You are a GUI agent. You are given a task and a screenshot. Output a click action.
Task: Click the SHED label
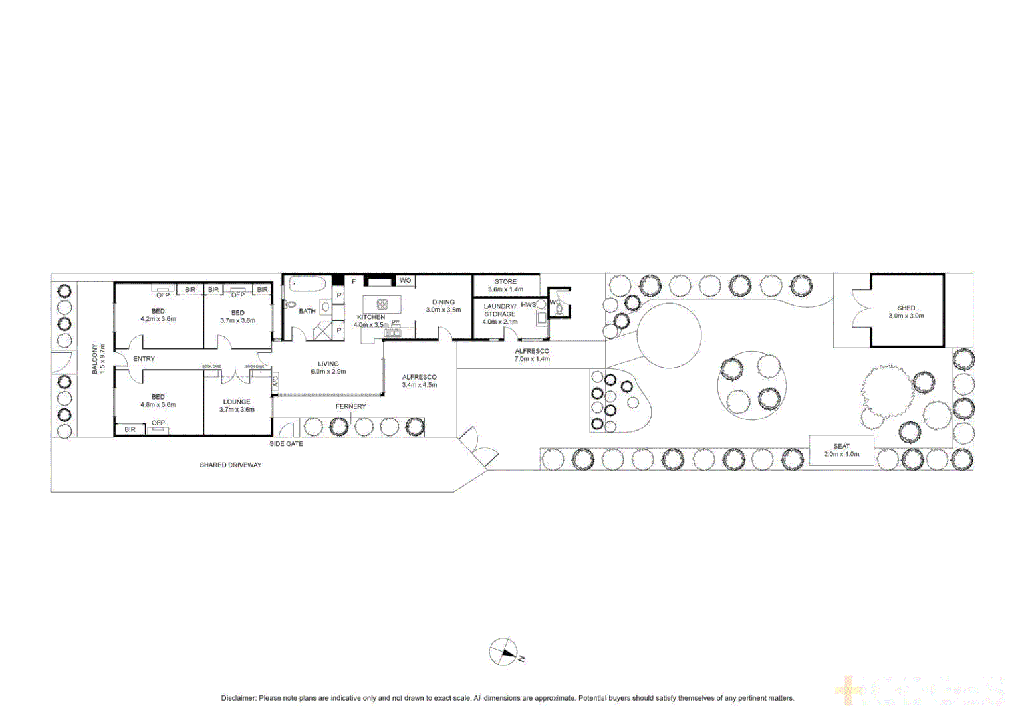(906, 308)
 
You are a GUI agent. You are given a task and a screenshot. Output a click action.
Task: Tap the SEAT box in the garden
(841, 450)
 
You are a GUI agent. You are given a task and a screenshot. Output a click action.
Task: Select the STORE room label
(505, 281)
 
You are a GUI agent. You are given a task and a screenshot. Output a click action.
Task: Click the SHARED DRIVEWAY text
(230, 465)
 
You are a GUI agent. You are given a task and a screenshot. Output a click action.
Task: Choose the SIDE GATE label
(286, 443)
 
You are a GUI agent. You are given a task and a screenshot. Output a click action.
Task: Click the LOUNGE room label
(237, 402)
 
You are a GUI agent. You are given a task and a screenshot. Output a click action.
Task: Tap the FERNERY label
(350, 406)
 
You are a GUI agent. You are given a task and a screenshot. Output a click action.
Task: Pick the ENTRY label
(144, 359)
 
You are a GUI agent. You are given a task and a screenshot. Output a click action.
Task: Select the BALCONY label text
(94, 359)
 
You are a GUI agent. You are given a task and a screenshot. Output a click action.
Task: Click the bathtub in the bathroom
(307, 285)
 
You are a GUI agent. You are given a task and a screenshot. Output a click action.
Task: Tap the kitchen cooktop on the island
(382, 304)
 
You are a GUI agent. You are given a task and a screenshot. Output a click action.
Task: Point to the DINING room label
(443, 302)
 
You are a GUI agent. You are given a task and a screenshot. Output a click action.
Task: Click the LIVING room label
(328, 364)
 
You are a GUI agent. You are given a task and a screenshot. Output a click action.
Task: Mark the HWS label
(528, 304)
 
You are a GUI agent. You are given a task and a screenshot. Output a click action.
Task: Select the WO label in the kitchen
(405, 281)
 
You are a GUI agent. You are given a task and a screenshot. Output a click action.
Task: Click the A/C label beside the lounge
(275, 382)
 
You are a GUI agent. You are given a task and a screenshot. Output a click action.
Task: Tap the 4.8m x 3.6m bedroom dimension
(158, 404)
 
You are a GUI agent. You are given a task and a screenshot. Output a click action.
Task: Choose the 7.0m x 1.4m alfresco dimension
(532, 359)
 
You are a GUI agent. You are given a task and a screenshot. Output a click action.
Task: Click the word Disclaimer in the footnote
(238, 698)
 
